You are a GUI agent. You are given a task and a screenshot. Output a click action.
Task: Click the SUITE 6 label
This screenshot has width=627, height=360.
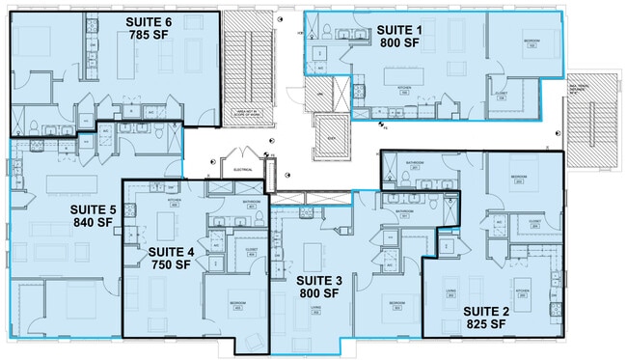coord(149,21)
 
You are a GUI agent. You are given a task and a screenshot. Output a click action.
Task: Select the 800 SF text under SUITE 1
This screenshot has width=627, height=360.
coord(397,42)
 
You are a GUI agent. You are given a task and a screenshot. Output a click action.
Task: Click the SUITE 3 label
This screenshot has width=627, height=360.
coord(318,279)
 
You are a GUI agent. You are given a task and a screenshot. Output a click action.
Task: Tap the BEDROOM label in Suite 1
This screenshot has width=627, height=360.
coord(532,42)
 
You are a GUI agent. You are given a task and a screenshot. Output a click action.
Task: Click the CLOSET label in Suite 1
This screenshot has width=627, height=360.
coord(501,94)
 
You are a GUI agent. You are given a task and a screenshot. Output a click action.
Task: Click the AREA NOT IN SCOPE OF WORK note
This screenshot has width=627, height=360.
coord(248,113)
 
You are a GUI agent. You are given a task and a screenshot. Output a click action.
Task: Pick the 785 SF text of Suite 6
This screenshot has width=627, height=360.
coord(149,36)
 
